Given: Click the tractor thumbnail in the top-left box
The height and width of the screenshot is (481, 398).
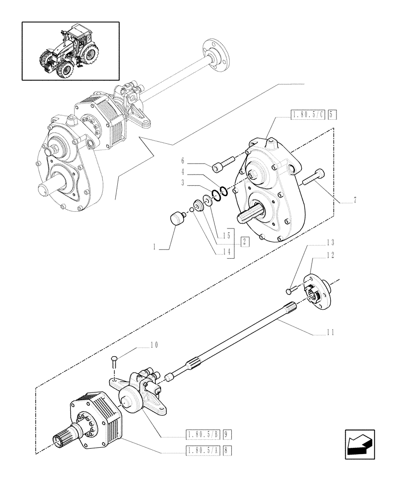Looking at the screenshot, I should coord(70,51).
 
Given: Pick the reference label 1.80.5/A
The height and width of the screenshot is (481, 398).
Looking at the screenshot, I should coord(205,451).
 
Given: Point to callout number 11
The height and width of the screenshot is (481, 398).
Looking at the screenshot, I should coord(329,332).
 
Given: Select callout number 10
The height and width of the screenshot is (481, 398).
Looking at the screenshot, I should coord(154,345).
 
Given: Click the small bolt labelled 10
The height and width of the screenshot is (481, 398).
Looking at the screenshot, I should coord(113,361).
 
